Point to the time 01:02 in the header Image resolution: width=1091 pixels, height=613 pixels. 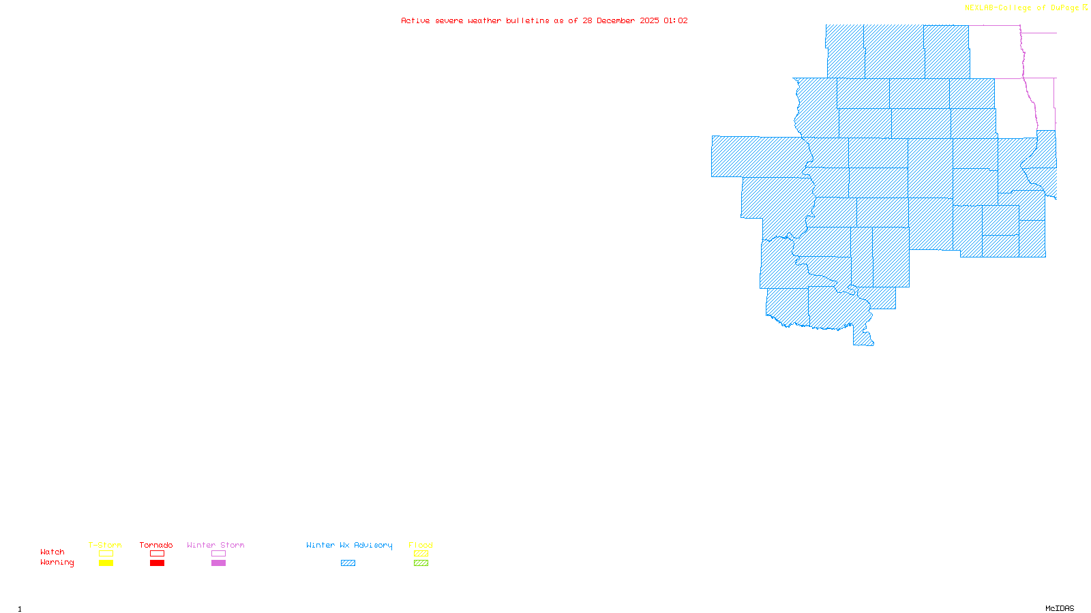click(675, 20)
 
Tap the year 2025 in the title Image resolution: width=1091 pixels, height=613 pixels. click(649, 20)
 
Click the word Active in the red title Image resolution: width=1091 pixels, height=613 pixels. click(415, 20)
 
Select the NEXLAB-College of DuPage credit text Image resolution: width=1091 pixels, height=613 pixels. click(1021, 8)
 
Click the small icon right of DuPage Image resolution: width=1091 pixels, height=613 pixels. click(1086, 7)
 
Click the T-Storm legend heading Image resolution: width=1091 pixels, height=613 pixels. click(105, 545)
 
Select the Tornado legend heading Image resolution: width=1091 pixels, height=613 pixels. click(156, 545)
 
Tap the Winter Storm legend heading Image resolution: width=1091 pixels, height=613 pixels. click(215, 545)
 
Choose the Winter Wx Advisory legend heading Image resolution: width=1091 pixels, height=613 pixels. click(349, 545)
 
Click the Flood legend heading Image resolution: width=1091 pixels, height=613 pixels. click(421, 545)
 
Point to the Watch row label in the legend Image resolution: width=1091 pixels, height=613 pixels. click(53, 552)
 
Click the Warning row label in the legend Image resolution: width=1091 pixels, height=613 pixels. click(57, 563)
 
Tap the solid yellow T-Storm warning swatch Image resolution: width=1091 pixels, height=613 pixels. click(106, 563)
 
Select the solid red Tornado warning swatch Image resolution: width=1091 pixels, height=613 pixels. click(157, 563)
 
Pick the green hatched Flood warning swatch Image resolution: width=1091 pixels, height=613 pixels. click(421, 563)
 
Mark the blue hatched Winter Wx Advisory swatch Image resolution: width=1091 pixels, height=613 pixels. click(348, 563)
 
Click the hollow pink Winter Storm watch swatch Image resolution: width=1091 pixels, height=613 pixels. click(218, 554)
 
